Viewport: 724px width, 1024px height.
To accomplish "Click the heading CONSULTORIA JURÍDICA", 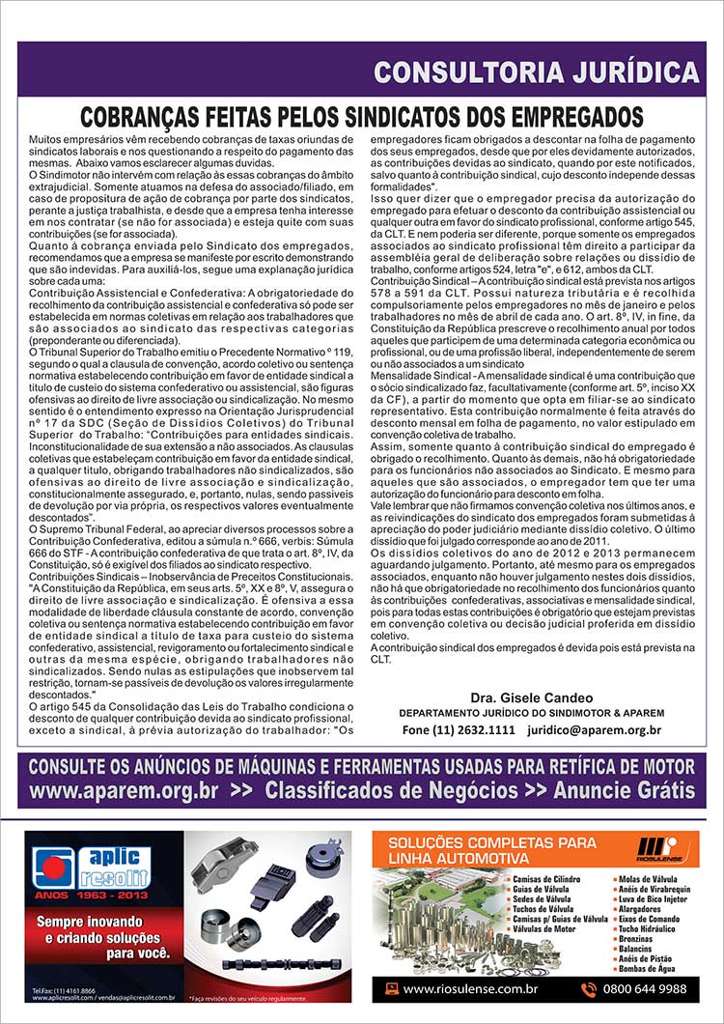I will pyautogui.click(x=536, y=71).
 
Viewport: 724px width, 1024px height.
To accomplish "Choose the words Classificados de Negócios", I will pyautogui.click(x=391, y=790).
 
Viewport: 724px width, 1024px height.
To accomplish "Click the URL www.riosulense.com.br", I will pyautogui.click(x=470, y=988).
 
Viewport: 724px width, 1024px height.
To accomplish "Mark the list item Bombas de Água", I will pyautogui.click(x=647, y=967).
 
